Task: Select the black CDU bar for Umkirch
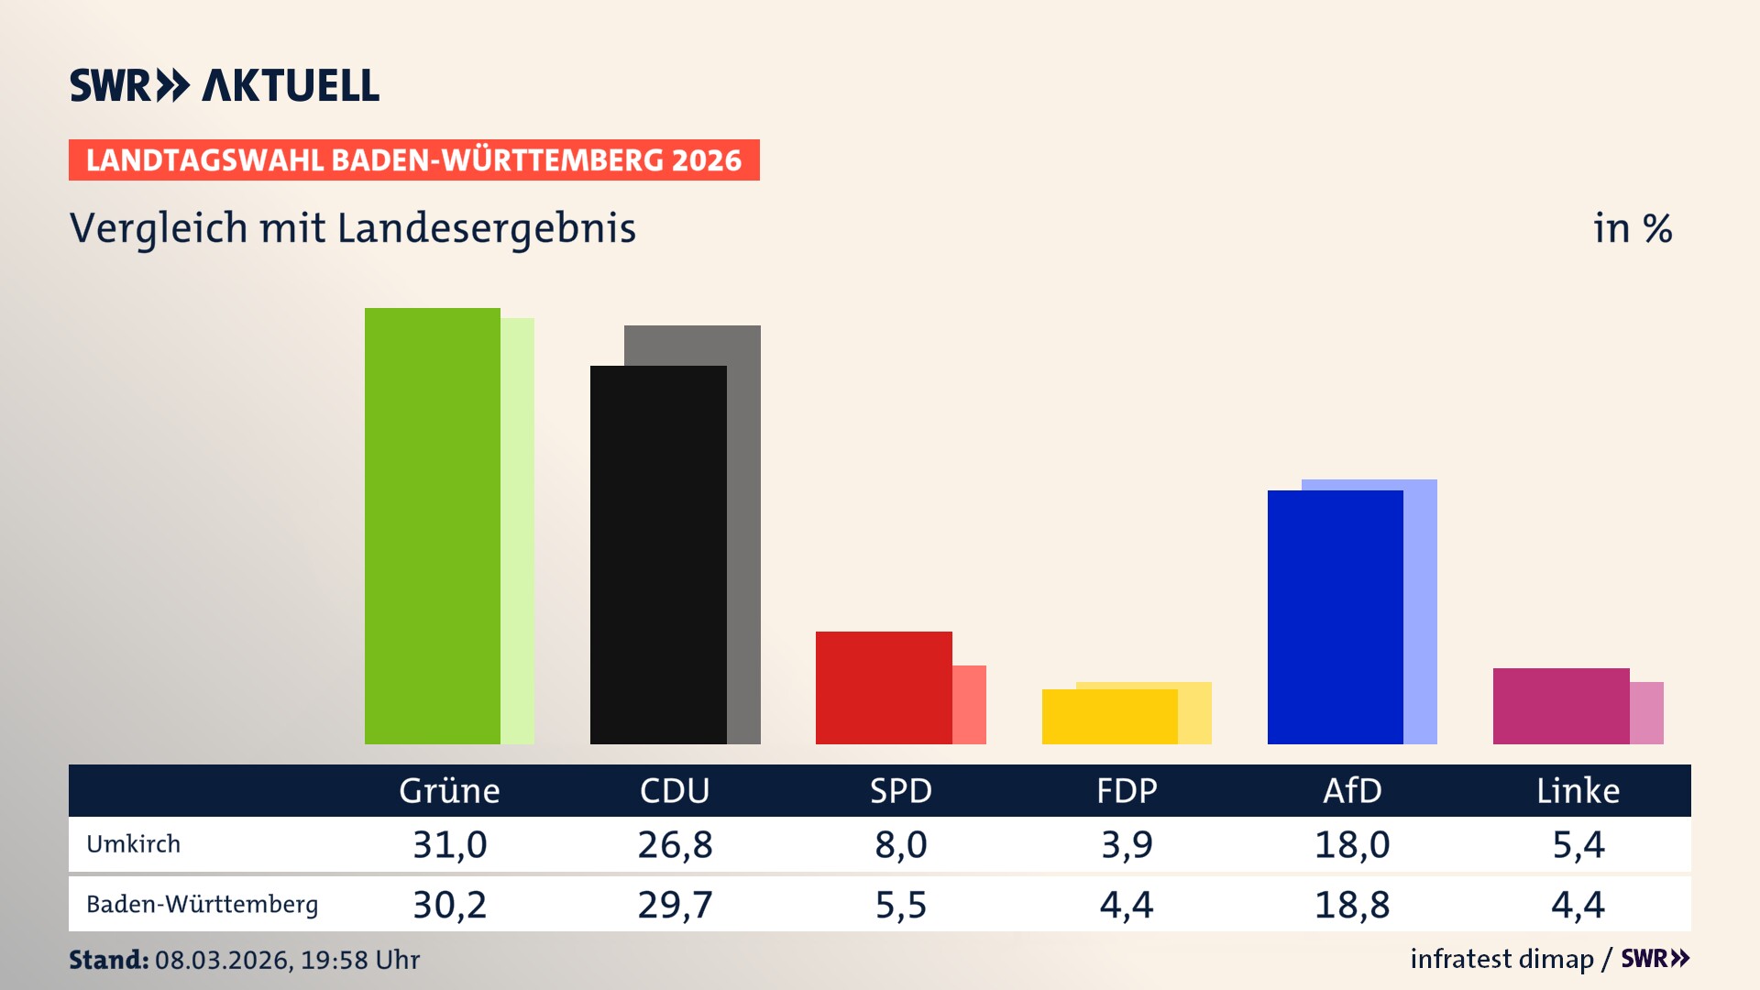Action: pyautogui.click(x=658, y=555)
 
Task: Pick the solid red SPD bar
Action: pyautogui.click(x=884, y=687)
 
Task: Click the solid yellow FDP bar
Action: pyautogui.click(x=1109, y=716)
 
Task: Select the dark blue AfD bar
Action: pyautogui.click(x=1335, y=617)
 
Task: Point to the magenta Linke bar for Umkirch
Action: pyautogui.click(x=1560, y=706)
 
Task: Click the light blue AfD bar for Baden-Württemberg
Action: pyautogui.click(x=1421, y=605)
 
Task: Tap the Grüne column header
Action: pyautogui.click(x=449, y=790)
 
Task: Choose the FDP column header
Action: pyautogui.click(x=1127, y=790)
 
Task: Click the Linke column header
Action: pyautogui.click(x=1578, y=790)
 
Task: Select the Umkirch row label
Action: pyautogui.click(x=133, y=843)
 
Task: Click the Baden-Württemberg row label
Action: pyautogui.click(x=202, y=904)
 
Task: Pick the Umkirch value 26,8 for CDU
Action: pyautogui.click(x=675, y=844)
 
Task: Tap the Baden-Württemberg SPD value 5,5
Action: pyautogui.click(x=900, y=905)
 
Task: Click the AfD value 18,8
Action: pyautogui.click(x=1352, y=905)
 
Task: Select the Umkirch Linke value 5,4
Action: pyautogui.click(x=1578, y=844)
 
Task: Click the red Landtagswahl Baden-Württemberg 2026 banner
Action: pyautogui.click(x=413, y=159)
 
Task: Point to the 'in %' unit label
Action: pyautogui.click(x=1632, y=228)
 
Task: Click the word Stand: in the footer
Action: pyautogui.click(x=108, y=960)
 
